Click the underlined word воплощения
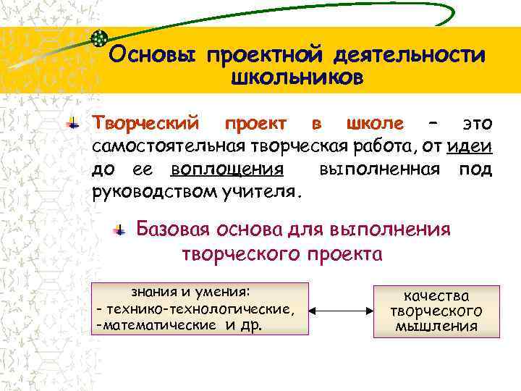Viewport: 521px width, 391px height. (x=226, y=170)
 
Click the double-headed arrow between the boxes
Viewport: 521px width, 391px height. (x=341, y=310)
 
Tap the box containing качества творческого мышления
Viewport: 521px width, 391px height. (x=436, y=311)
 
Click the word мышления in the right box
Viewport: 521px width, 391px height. (x=436, y=326)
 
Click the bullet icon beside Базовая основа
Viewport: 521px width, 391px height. (x=120, y=230)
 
